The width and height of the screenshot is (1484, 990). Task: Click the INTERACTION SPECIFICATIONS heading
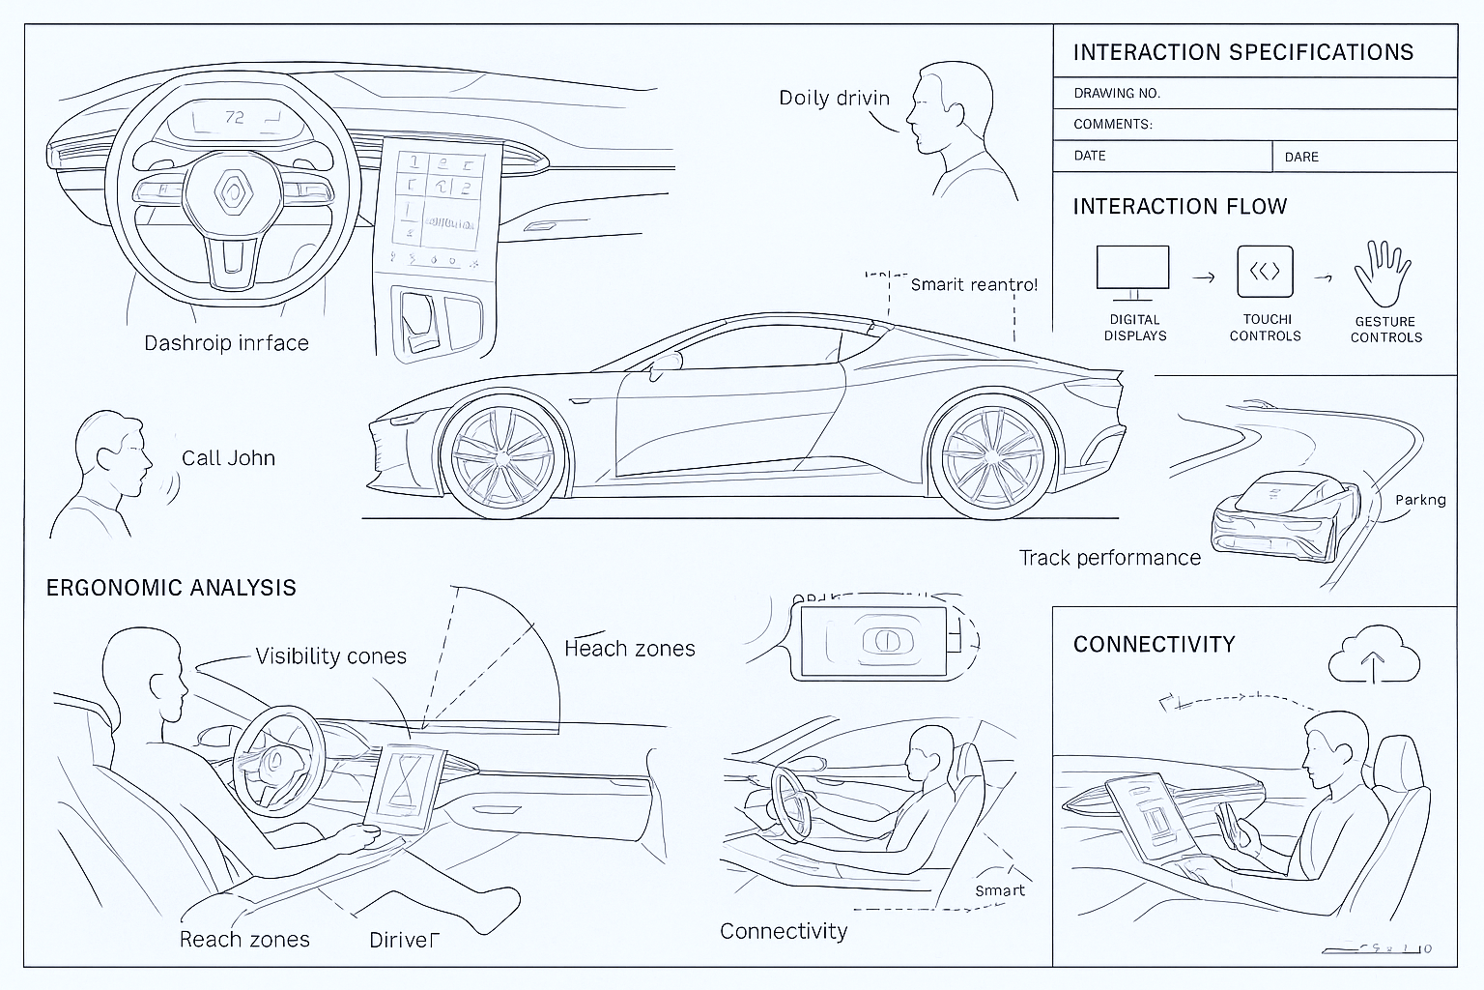tap(1242, 52)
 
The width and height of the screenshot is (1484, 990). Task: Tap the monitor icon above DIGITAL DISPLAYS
tap(1132, 269)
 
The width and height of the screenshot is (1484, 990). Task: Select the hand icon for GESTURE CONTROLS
tap(1383, 273)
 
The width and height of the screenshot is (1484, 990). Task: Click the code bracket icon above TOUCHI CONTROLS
tap(1265, 272)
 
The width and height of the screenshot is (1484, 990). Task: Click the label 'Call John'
tap(228, 458)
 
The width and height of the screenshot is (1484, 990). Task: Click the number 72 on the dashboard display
tap(235, 118)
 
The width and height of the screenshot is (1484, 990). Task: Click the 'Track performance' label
tap(1109, 558)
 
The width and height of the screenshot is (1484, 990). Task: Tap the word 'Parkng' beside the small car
tap(1420, 500)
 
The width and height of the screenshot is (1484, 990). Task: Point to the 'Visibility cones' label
tap(330, 656)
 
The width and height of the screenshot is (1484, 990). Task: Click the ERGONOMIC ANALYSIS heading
tap(171, 588)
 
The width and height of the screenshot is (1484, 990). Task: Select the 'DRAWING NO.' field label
tap(1116, 94)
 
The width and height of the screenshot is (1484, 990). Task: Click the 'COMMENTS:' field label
tap(1112, 125)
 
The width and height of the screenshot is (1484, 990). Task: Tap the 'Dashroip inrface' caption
tap(226, 343)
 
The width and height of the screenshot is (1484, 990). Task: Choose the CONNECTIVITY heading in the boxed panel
tap(1154, 644)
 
